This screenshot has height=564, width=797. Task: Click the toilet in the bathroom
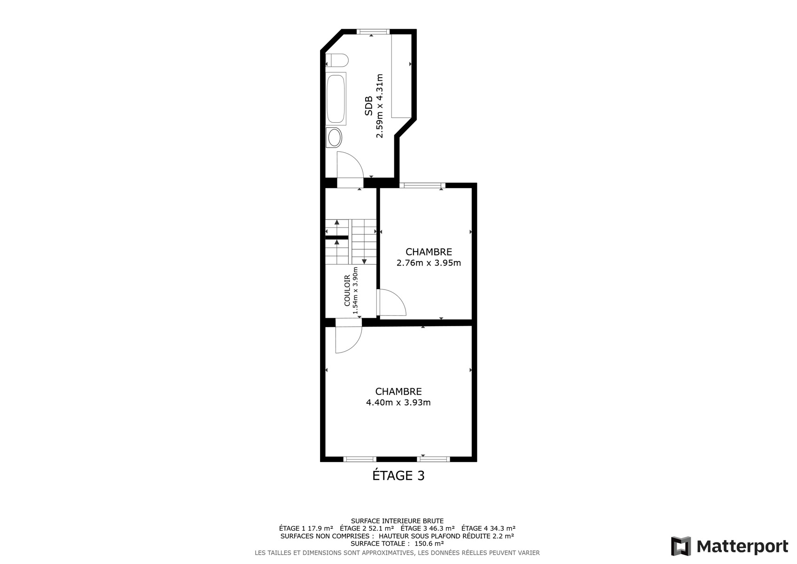[x=337, y=60]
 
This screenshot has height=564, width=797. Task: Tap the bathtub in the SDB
[x=336, y=99]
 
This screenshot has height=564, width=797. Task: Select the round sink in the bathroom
[x=334, y=137]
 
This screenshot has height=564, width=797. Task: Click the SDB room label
[x=369, y=106]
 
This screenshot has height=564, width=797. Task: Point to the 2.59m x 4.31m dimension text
[x=380, y=106]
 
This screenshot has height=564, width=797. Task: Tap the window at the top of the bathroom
[x=373, y=31]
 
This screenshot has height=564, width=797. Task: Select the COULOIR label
[x=347, y=291]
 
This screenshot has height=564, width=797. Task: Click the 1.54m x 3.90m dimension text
[x=355, y=290]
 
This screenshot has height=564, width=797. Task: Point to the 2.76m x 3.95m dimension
[x=429, y=263]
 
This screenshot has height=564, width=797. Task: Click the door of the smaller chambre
[x=391, y=303]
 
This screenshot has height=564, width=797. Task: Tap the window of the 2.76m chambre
[x=422, y=185]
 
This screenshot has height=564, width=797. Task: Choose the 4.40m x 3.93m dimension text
[x=398, y=402]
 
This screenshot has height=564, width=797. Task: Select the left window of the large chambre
[x=359, y=459]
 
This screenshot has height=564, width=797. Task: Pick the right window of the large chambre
[x=433, y=459]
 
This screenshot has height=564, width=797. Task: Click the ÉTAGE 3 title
[x=398, y=475]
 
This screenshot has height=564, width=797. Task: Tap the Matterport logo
[x=730, y=546]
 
